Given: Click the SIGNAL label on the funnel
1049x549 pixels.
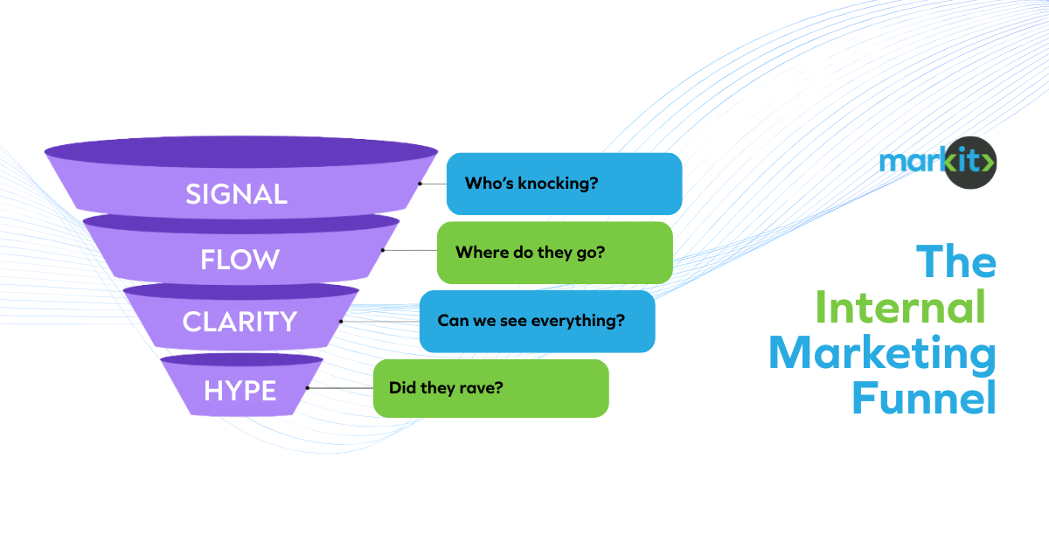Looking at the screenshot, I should [x=236, y=194].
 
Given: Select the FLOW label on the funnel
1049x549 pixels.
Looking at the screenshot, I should [x=240, y=260].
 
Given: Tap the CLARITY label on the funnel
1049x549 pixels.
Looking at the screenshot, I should [x=240, y=322].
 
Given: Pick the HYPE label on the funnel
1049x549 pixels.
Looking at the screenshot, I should [x=240, y=391].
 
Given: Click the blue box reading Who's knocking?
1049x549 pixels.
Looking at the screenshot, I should [x=564, y=184].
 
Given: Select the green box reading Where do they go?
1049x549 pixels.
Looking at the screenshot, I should [x=554, y=253].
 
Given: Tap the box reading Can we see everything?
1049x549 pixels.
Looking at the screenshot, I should [x=537, y=321].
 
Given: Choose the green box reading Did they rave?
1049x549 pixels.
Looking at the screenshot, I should [x=490, y=387].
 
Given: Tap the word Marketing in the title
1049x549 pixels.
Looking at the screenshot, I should [x=882, y=354].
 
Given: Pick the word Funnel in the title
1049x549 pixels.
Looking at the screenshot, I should [x=923, y=400].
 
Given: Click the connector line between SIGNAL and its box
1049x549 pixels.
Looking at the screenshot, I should [x=432, y=184].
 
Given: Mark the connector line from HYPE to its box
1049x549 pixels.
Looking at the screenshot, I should [x=340, y=387].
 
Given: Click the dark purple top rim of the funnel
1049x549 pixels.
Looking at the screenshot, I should [x=241, y=151].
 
